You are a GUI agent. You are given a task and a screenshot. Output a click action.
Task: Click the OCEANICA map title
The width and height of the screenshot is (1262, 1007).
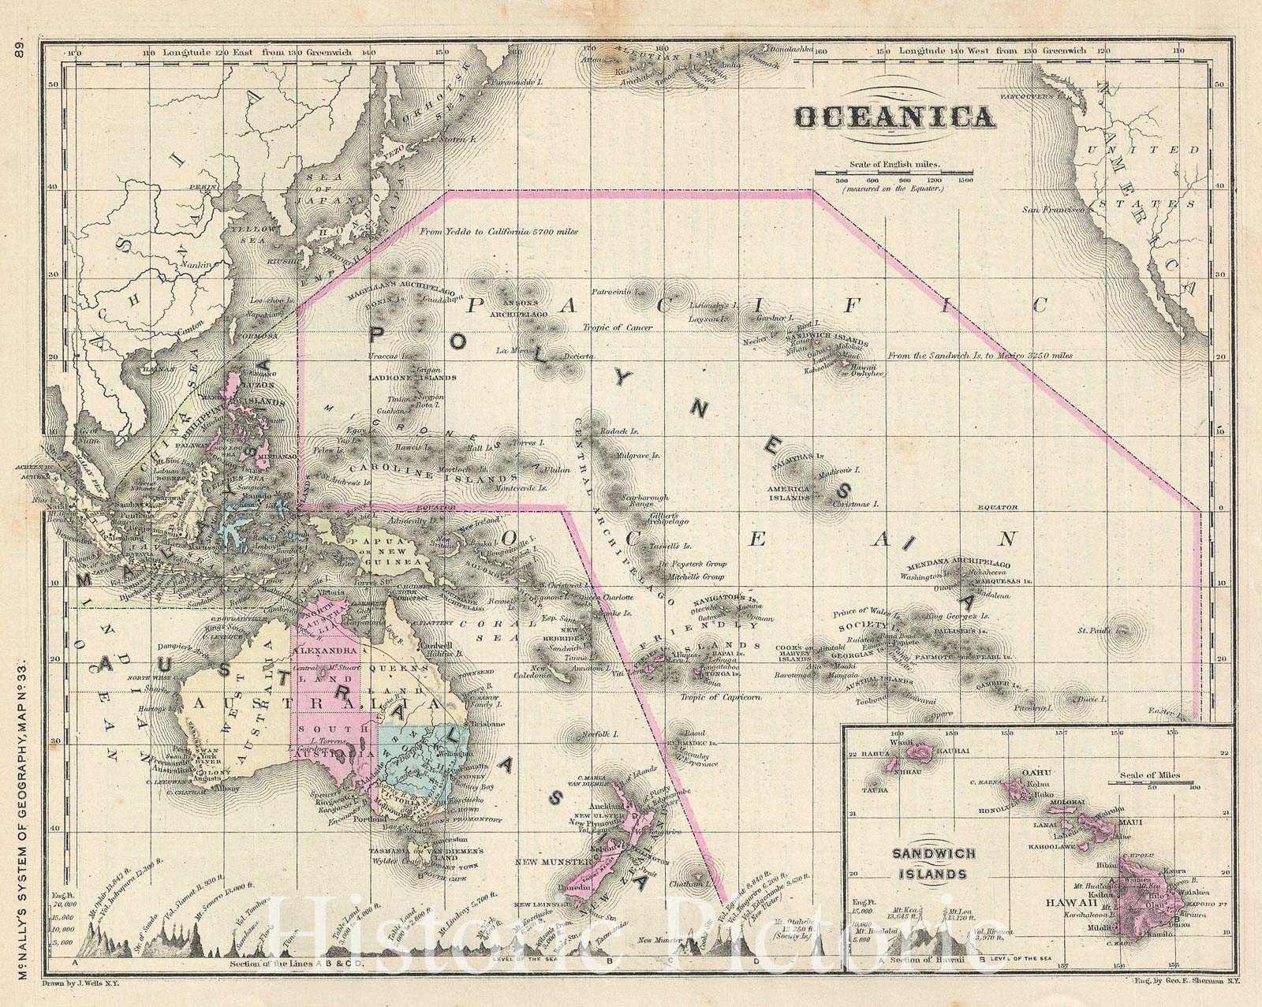(x=893, y=117)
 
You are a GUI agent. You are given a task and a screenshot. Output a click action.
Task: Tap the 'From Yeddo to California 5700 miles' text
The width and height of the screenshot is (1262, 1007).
(x=498, y=233)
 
